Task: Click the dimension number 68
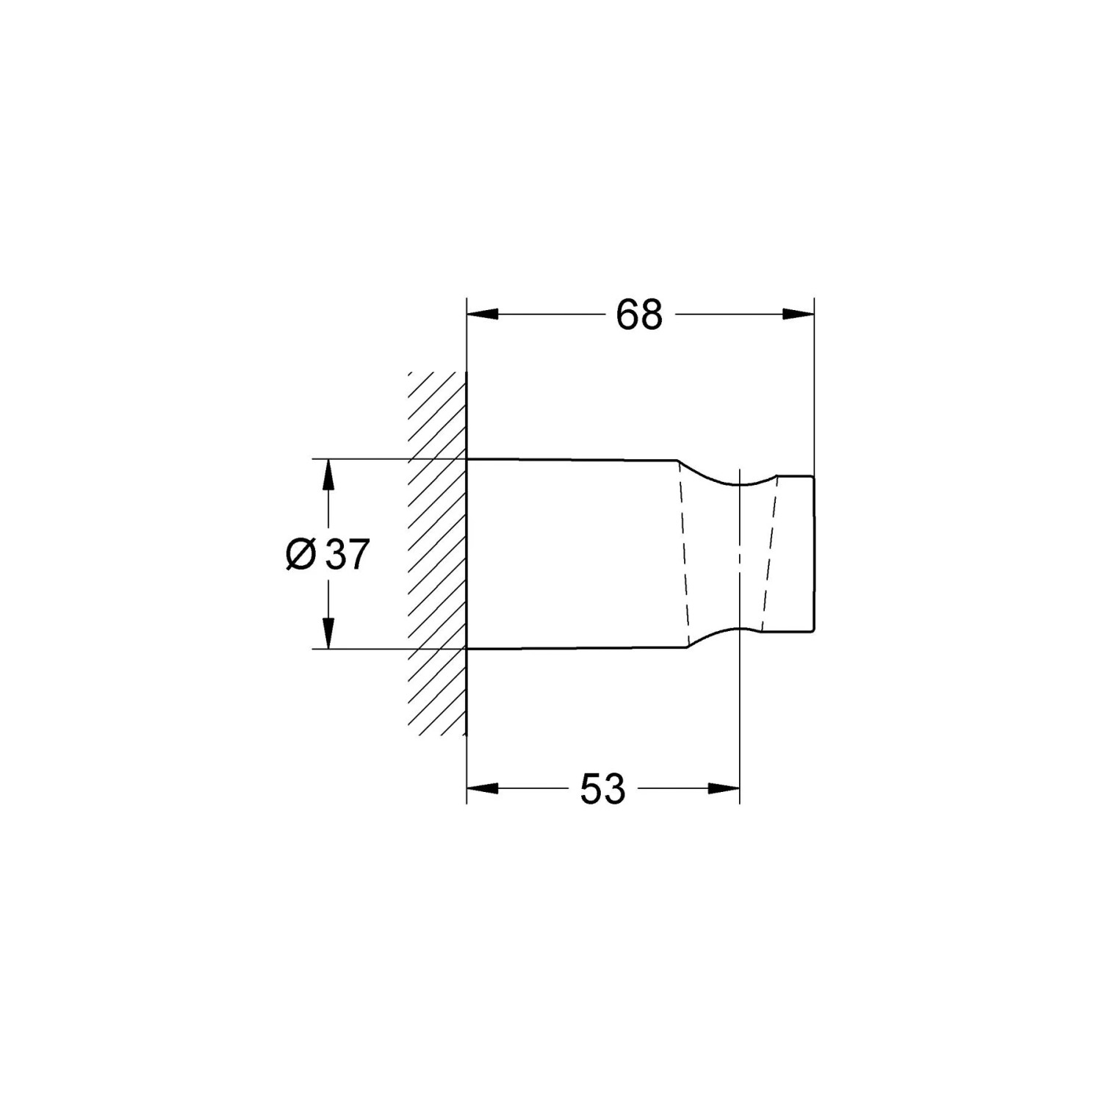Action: click(639, 315)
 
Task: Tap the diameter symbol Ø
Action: click(300, 555)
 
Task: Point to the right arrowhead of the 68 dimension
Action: click(799, 314)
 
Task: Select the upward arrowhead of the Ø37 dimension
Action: click(328, 475)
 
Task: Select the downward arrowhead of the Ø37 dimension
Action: click(328, 634)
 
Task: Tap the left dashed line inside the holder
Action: click(685, 555)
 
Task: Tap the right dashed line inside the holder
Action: click(769, 555)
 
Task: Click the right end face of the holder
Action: click(814, 555)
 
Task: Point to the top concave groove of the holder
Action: click(735, 483)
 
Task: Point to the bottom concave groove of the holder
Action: click(735, 630)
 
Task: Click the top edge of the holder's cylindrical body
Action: click(573, 460)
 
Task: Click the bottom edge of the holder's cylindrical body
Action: click(573, 649)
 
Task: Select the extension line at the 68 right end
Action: click(814, 382)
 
